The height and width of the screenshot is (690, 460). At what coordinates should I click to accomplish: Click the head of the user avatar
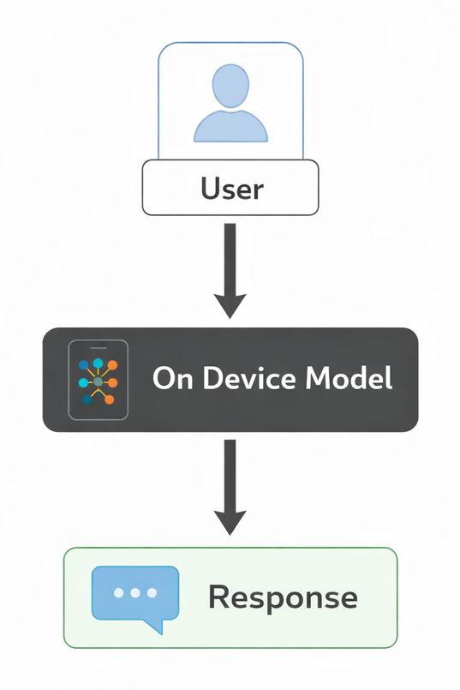click(x=230, y=87)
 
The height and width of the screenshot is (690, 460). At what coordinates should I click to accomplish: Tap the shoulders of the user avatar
click(x=230, y=126)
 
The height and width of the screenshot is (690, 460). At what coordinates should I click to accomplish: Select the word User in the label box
click(x=230, y=188)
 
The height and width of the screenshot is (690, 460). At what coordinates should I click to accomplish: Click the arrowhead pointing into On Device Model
click(x=230, y=305)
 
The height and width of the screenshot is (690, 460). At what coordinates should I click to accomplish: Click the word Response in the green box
click(x=283, y=597)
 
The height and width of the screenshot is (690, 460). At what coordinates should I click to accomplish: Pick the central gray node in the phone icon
click(x=98, y=380)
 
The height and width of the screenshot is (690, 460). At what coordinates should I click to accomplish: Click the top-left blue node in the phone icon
click(x=84, y=363)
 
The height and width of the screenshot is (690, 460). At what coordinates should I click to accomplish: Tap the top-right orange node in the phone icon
click(x=112, y=364)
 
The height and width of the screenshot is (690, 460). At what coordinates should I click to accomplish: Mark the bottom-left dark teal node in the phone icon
click(x=87, y=399)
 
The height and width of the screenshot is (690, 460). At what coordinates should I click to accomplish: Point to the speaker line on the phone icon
click(x=98, y=347)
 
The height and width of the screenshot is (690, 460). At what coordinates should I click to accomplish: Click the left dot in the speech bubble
click(x=119, y=592)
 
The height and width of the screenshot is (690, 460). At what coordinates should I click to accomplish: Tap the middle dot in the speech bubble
click(x=135, y=592)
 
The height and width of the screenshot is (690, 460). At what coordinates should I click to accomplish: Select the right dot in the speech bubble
click(x=152, y=592)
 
